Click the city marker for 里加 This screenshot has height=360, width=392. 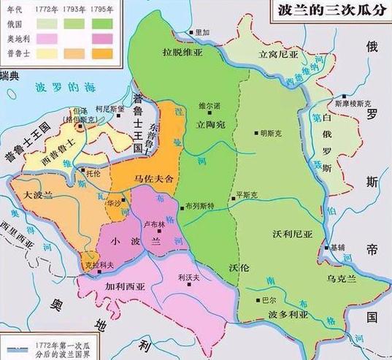(188, 34)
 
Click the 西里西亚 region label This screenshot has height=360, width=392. (20, 238)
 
